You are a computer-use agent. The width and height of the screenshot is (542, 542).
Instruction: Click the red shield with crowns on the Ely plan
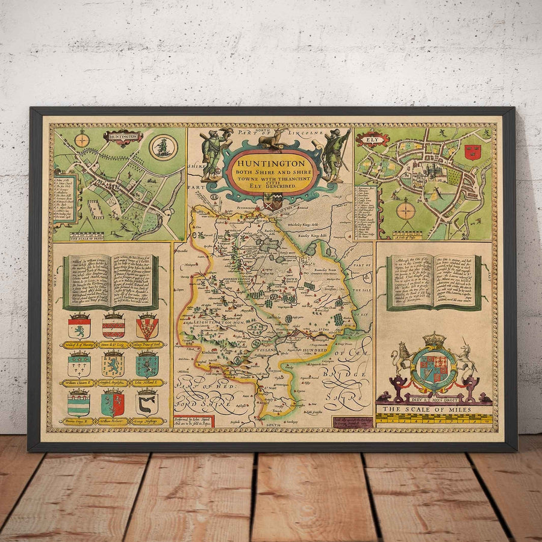tap(472, 152)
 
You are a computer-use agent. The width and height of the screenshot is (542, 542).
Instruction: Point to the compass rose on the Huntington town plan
tap(82, 140)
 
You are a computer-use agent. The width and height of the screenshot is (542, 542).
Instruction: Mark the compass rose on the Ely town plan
tap(405, 211)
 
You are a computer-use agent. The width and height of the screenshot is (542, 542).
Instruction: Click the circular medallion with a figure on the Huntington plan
tap(163, 146)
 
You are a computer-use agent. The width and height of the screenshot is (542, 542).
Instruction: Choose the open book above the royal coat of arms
tap(434, 282)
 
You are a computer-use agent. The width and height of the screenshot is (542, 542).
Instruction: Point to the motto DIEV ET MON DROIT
tap(434, 397)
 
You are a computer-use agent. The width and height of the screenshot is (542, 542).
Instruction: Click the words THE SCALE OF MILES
tap(434, 409)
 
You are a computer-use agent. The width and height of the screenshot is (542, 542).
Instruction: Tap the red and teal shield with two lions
tap(113, 404)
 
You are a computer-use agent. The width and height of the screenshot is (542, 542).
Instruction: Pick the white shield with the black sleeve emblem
tap(147, 404)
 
